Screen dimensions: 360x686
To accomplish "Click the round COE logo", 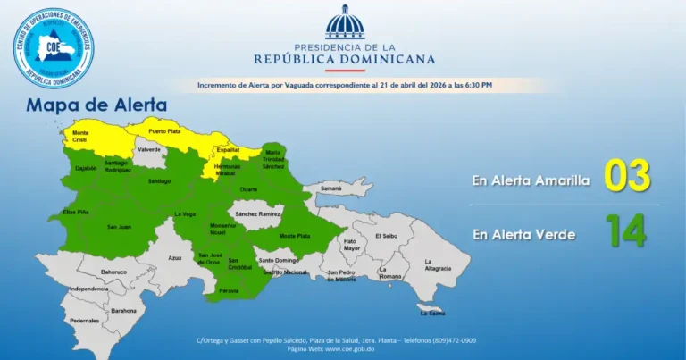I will coord(54,47).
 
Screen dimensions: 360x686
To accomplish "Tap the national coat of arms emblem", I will coord(344,22).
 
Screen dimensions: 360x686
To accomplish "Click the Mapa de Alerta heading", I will coord(96,105).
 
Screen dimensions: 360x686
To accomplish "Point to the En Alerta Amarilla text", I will coord(531,180).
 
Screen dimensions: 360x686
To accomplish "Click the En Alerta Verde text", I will coord(524,234).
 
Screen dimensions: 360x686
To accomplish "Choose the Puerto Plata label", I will coord(164,131).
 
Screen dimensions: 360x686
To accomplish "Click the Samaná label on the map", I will coord(331,188).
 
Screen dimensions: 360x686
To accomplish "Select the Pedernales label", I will coord(85,320).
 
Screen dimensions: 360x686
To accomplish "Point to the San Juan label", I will coord(119,227).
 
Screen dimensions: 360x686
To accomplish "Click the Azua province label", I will coord(175,257).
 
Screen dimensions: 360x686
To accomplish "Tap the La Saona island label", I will coord(431,313).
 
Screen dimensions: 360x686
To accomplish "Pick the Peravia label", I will coord(230,290).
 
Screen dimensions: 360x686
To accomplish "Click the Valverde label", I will coord(149,149).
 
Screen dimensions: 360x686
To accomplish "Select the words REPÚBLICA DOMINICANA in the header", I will coord(344,60).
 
